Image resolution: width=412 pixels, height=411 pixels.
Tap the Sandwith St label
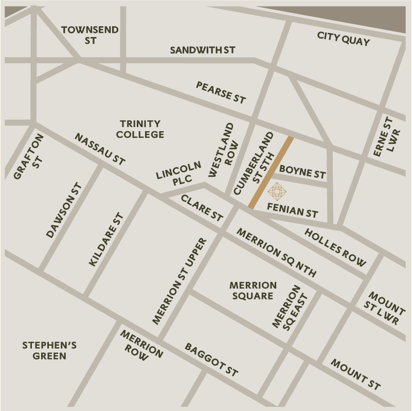click(x=202, y=50)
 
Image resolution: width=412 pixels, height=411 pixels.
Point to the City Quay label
click(x=343, y=38)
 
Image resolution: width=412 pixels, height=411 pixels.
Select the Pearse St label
click(x=221, y=92)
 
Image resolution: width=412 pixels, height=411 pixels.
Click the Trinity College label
click(x=140, y=129)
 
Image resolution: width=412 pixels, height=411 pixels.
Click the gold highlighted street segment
click(x=271, y=173)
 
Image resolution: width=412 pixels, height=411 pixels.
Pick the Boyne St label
click(x=302, y=172)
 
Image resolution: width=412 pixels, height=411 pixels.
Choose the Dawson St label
click(x=64, y=210)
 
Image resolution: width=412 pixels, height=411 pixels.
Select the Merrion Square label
click(x=253, y=290)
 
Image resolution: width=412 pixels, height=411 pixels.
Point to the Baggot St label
click(x=211, y=359)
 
